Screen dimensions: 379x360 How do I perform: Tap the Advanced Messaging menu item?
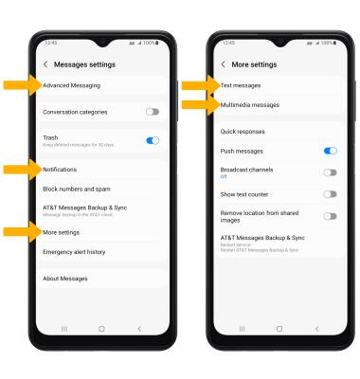pos(71,85)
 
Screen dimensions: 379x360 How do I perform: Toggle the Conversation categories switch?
pos(152,112)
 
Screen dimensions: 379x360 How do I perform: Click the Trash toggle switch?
pos(152,140)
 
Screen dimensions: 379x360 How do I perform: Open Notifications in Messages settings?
pos(61,170)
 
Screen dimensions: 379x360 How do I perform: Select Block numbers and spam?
pos(76,189)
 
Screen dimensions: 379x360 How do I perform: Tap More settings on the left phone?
pos(62,232)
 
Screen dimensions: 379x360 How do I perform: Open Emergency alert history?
pos(74,252)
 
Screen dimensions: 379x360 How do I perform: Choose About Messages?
pos(65,279)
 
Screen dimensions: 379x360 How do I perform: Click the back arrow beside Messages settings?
pos(45,64)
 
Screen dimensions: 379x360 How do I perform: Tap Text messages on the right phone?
pos(241,85)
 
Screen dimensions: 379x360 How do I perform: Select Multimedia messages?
pos(249,105)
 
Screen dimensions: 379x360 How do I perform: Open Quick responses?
pos(243,132)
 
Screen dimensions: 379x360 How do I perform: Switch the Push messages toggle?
pos(330,151)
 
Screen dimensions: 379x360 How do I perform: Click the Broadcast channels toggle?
pos(330,172)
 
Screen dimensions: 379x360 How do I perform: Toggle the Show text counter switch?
pos(330,194)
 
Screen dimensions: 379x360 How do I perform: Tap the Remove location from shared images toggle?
pos(330,216)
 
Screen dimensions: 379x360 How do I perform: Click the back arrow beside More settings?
pos(223,64)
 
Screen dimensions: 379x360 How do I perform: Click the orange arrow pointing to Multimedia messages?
pos(199,105)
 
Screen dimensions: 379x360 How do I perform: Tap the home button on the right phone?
pos(279,328)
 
